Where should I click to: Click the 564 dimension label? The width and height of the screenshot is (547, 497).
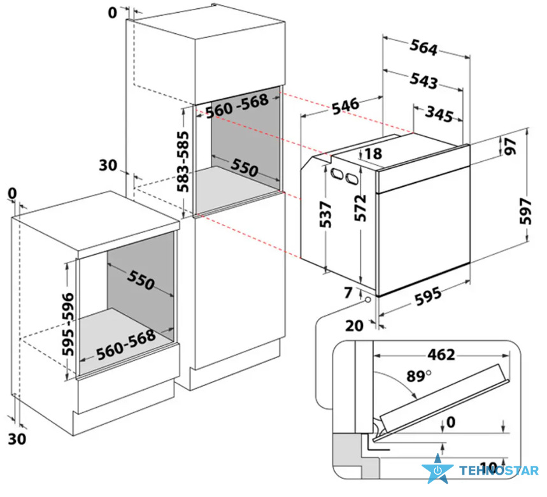(x=423, y=47)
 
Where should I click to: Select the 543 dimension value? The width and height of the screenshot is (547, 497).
(x=423, y=80)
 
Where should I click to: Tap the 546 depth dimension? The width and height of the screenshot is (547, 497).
(x=345, y=106)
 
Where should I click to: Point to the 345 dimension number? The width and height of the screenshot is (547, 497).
(x=439, y=114)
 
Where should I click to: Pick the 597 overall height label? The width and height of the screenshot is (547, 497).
(x=526, y=211)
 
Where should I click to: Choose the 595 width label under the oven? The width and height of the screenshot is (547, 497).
(x=428, y=296)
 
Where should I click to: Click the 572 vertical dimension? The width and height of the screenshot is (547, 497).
(x=360, y=208)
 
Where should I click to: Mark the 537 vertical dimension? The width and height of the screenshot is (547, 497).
(x=325, y=214)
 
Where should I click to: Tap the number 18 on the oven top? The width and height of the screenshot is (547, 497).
(x=373, y=154)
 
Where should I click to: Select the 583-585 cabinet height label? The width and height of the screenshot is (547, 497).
(x=183, y=161)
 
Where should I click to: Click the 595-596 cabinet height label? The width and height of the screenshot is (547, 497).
(x=68, y=324)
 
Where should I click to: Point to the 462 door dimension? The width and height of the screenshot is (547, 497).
(x=442, y=355)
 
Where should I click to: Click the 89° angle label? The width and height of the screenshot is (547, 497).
(x=418, y=376)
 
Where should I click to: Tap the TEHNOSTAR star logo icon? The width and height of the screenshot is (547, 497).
(x=437, y=469)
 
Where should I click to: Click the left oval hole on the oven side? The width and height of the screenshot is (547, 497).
(x=337, y=173)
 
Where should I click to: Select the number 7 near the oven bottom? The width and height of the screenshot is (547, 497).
(x=348, y=292)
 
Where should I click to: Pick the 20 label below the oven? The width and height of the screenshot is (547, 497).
(x=354, y=326)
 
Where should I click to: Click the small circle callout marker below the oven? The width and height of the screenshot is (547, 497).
(x=368, y=300)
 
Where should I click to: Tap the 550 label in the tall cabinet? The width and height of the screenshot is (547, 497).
(x=244, y=167)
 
